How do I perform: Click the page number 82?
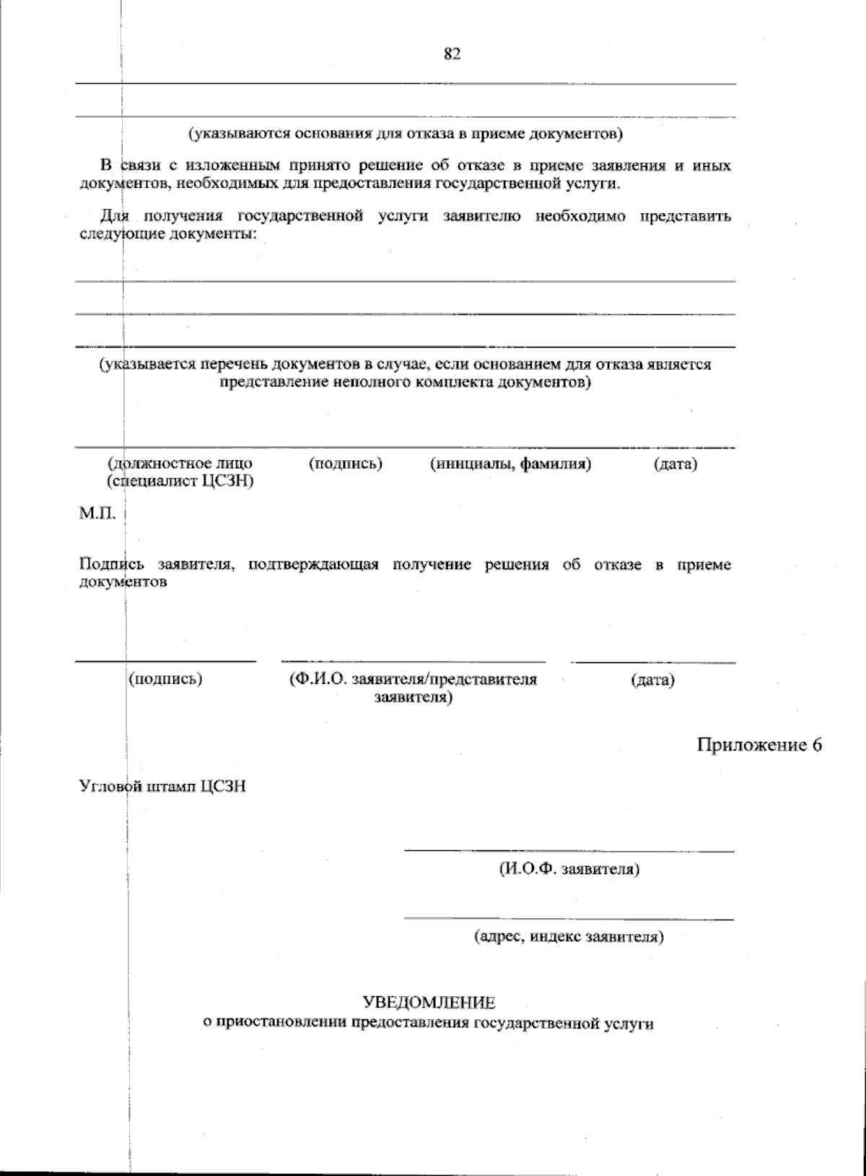(452, 55)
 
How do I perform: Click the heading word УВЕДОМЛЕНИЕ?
(429, 1003)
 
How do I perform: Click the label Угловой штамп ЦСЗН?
(162, 786)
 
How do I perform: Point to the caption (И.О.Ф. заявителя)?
(569, 869)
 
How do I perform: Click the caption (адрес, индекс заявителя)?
(569, 937)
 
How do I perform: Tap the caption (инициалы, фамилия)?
(510, 464)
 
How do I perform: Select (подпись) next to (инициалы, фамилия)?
(345, 464)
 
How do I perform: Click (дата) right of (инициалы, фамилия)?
(675, 464)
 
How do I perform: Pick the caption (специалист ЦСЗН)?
(180, 481)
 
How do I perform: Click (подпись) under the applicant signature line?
(165, 679)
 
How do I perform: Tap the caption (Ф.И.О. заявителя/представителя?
(413, 680)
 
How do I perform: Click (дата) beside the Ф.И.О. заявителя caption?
(652, 680)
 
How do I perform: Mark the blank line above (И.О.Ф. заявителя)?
(569, 851)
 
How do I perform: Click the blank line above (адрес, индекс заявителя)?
(569, 919)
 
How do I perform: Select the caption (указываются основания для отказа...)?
(406, 134)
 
